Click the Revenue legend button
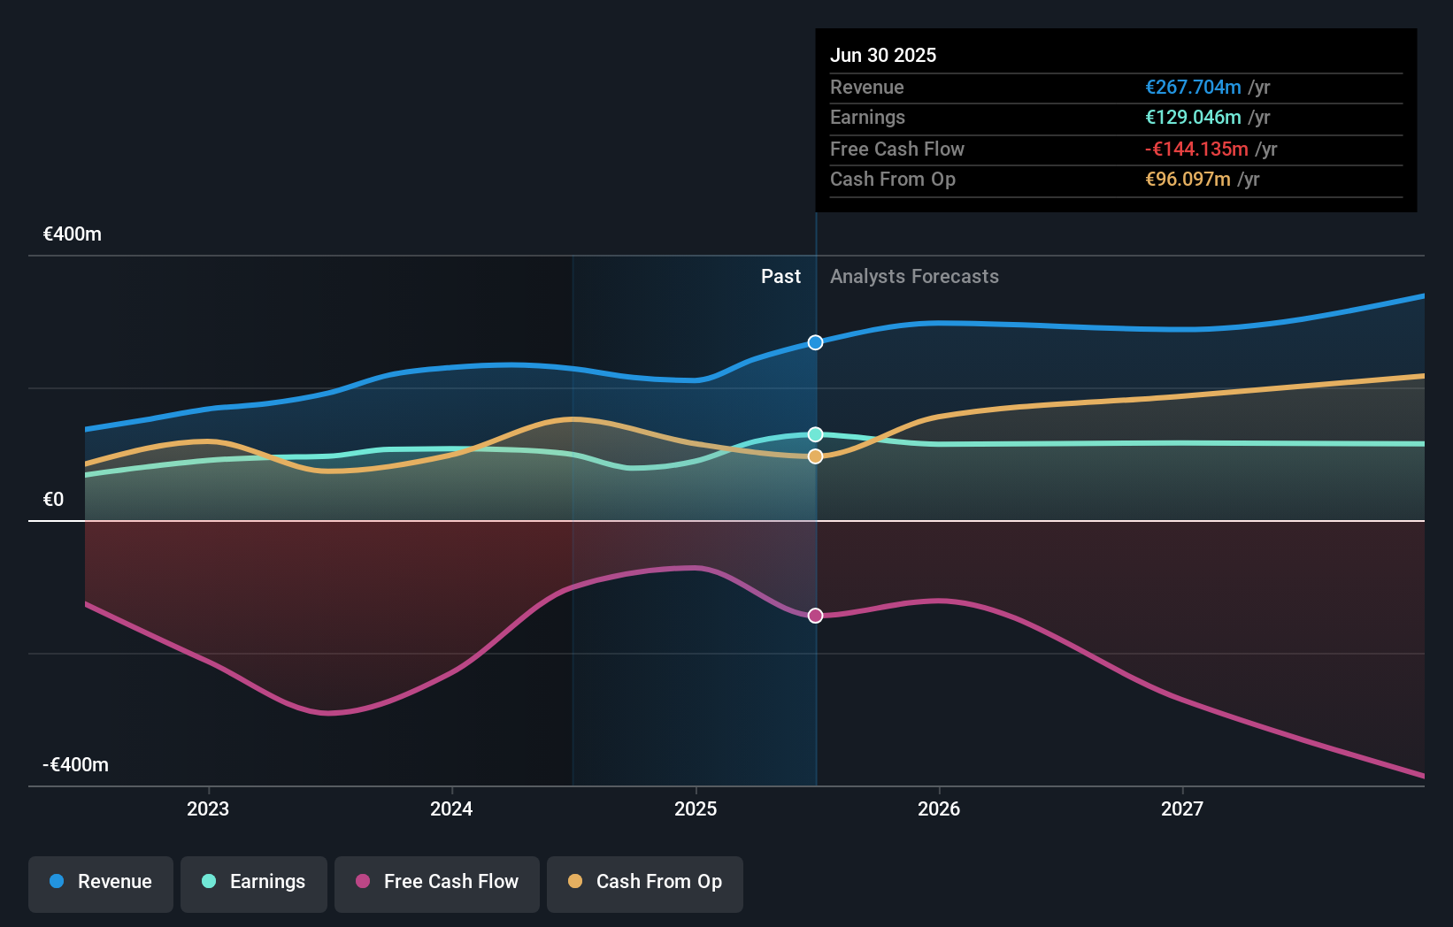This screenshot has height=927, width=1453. [101, 883]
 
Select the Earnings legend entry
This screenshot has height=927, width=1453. [254, 883]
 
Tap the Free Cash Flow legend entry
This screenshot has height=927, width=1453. [437, 883]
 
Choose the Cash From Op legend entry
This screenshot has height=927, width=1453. [645, 883]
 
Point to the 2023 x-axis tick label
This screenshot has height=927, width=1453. [208, 809]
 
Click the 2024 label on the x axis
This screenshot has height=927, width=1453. [451, 809]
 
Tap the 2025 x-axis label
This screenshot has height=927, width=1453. [696, 809]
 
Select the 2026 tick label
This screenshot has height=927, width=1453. [939, 809]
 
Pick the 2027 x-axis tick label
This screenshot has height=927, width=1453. [1182, 809]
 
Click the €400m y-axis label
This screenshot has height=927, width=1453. [73, 234]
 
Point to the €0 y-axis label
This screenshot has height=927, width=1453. [54, 500]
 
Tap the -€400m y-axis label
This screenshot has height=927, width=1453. [76, 765]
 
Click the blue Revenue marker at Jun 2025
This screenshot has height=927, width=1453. [816, 342]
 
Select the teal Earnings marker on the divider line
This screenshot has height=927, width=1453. [816, 434]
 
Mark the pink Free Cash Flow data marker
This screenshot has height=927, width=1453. [816, 616]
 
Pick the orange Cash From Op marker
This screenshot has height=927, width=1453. [816, 456]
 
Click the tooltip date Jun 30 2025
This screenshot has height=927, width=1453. [883, 56]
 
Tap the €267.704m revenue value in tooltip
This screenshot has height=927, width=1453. [1193, 88]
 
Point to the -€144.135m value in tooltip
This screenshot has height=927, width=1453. [1196, 149]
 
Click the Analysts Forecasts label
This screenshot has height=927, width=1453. [914, 277]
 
